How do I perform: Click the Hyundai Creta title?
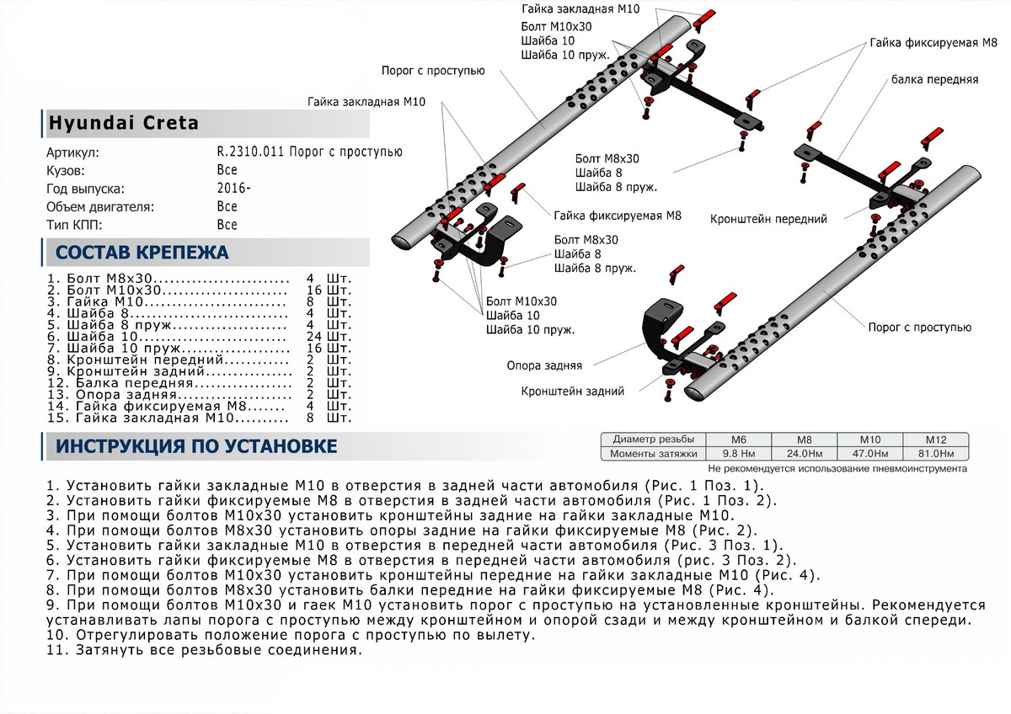(123, 123)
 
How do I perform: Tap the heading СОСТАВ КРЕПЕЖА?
(141, 252)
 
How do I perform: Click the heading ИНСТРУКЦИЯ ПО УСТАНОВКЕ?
(196, 446)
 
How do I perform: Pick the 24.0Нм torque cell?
(805, 454)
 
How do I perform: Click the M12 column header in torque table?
(934, 440)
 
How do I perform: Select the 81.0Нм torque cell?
(934, 454)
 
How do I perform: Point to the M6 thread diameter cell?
(740, 440)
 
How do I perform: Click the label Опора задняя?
(544, 366)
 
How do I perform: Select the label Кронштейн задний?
(572, 392)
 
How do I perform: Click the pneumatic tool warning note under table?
(837, 468)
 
